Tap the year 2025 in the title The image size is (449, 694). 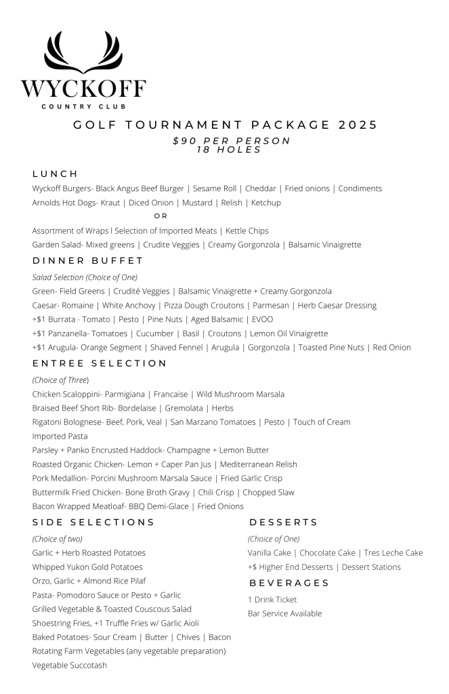[x=353, y=125]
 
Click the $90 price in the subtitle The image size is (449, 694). [x=184, y=141]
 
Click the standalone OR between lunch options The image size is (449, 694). [x=161, y=216]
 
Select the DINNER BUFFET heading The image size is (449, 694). [x=88, y=260]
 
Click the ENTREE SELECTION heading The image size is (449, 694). [x=100, y=363]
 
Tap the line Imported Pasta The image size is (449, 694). [x=60, y=436]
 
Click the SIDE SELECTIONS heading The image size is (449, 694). [x=93, y=523]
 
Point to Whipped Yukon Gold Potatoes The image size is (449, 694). [x=87, y=567]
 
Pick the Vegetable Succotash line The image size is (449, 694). [x=69, y=665]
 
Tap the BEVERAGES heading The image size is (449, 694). [x=289, y=583]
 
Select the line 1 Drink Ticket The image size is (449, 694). [x=272, y=600]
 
